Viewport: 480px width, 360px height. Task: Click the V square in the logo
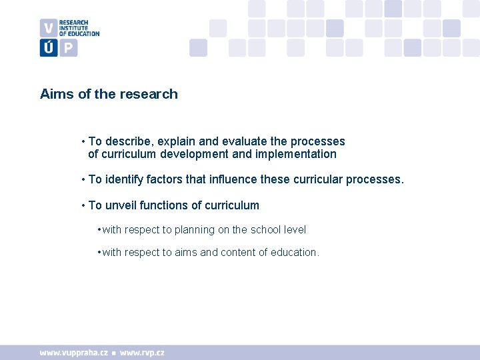(x=48, y=28)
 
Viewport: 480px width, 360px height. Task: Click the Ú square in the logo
(x=48, y=47)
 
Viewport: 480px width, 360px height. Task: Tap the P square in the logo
(x=68, y=47)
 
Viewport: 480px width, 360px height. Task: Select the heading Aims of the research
(x=109, y=94)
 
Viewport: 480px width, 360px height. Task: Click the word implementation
(x=297, y=154)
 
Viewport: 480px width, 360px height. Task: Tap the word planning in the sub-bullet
(x=194, y=230)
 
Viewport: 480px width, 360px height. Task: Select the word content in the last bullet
(x=238, y=253)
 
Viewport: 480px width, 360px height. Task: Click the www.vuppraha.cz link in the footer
(x=73, y=353)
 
